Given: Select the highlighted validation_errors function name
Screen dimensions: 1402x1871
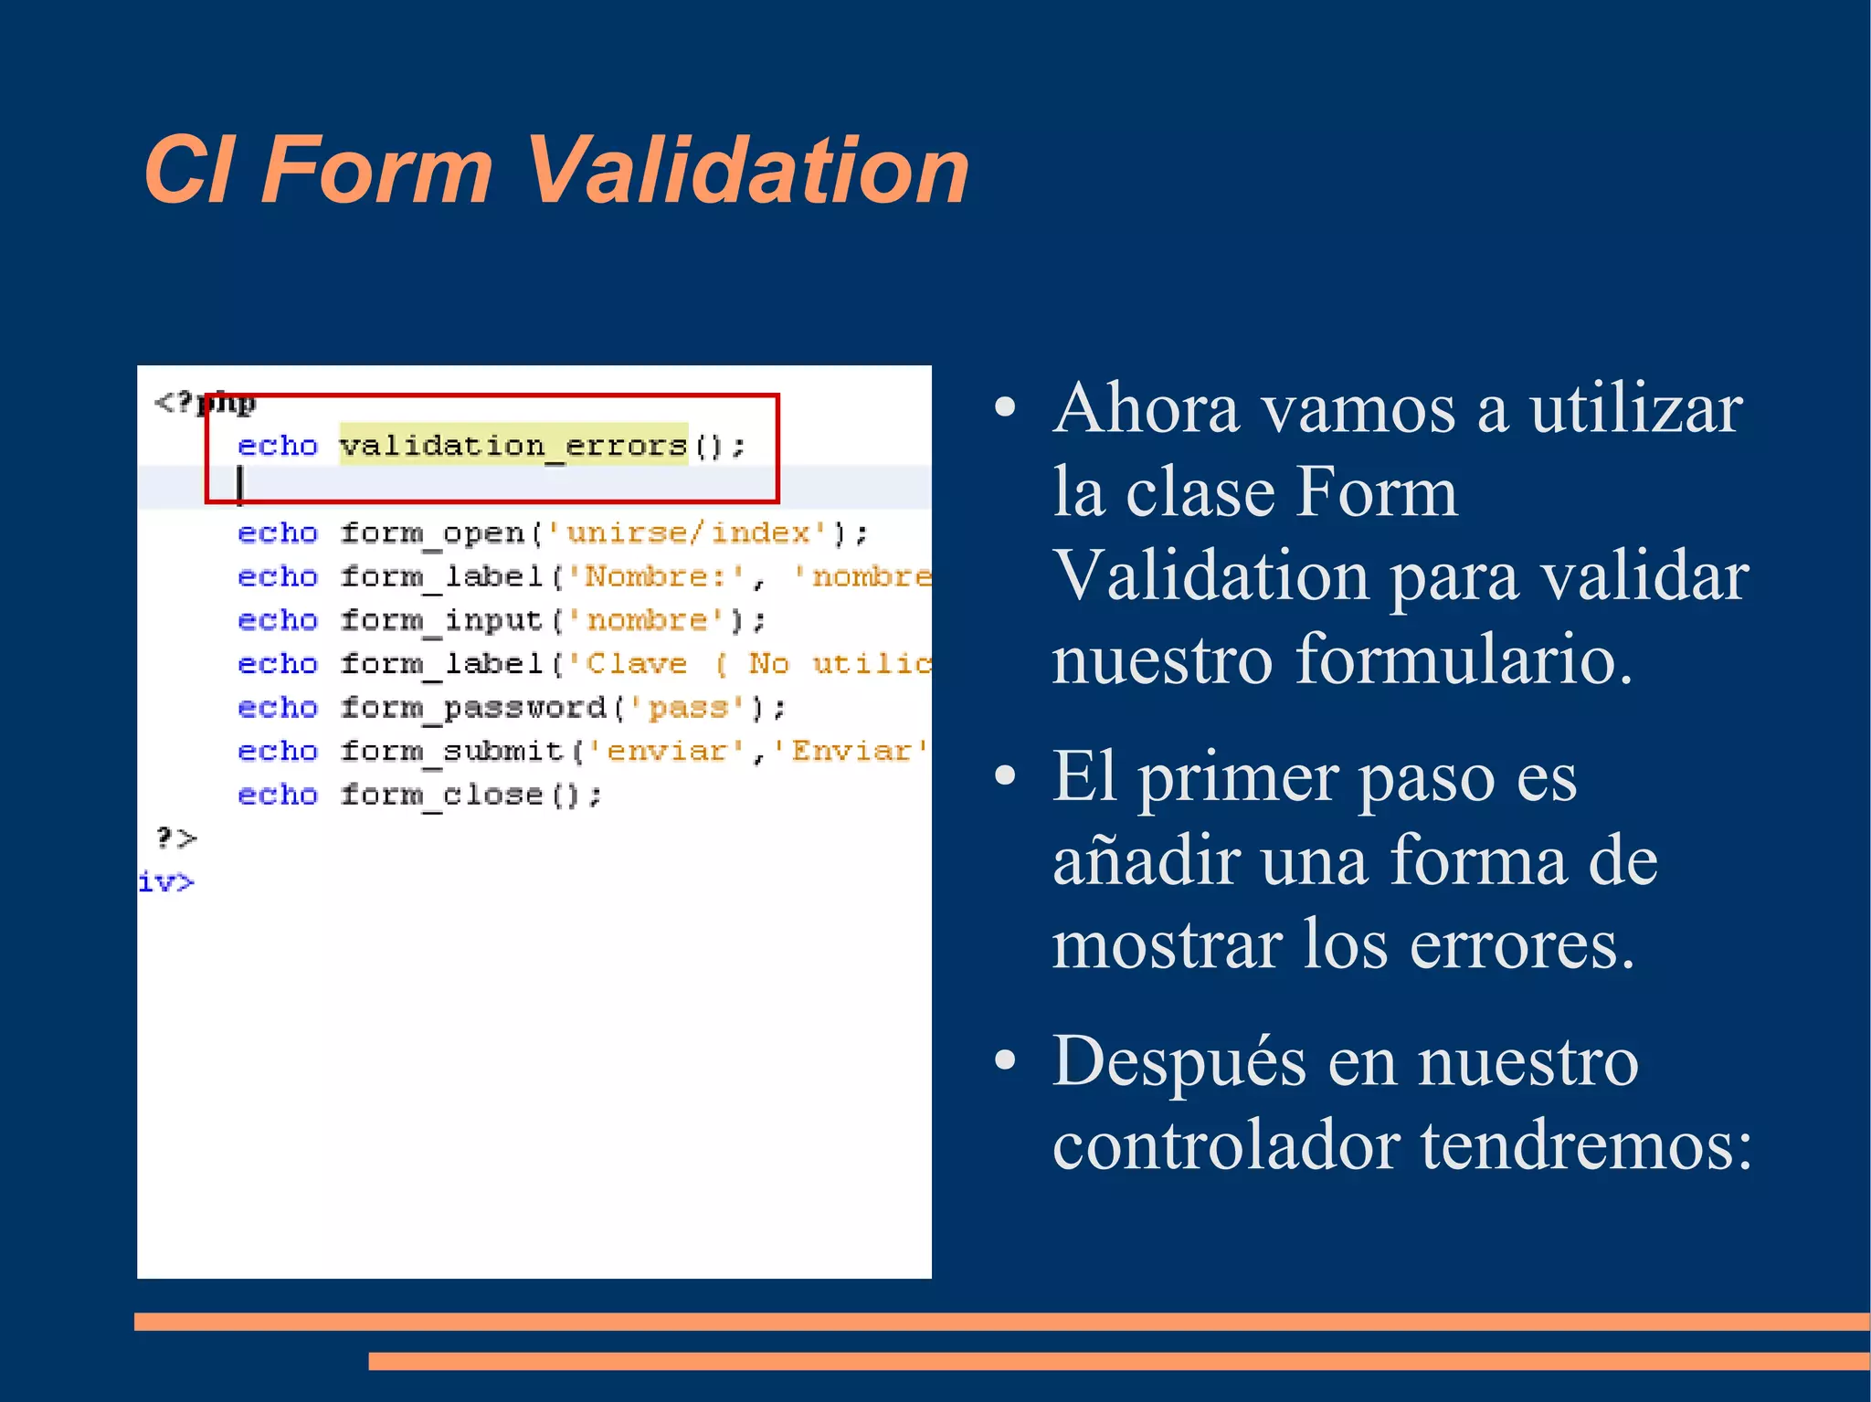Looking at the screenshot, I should (x=513, y=446).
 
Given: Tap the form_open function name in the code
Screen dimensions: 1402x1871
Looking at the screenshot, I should (x=432, y=533).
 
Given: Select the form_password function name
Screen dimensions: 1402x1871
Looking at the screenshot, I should (x=472, y=708).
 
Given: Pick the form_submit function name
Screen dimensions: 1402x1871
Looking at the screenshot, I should (x=451, y=752).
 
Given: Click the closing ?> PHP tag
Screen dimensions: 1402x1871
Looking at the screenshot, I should (x=175, y=838).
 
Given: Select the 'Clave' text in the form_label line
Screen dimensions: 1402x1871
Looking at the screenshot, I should (x=636, y=664).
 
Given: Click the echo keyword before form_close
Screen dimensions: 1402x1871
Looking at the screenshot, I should (x=277, y=796).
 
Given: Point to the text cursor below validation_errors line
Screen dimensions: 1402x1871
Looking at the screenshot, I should (x=240, y=484).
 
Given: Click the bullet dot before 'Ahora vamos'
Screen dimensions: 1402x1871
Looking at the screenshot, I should (x=1005, y=408).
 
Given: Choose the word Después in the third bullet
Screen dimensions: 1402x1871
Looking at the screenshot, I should (x=1179, y=1062).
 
